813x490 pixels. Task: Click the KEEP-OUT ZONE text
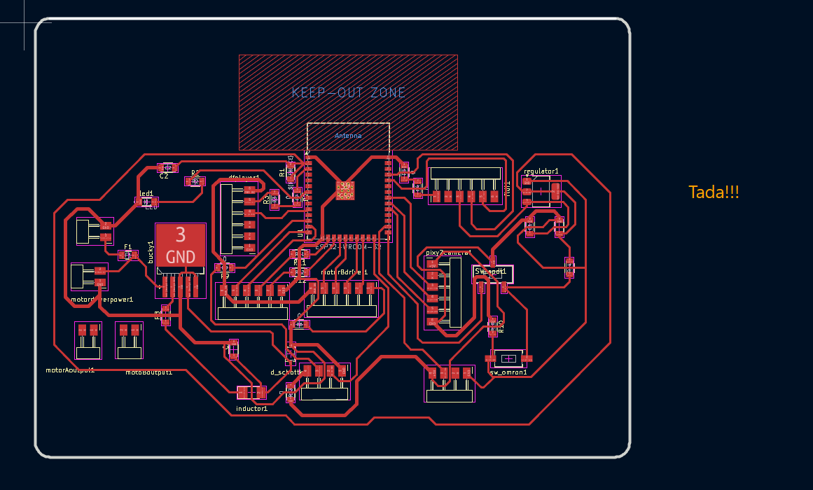pyautogui.click(x=349, y=92)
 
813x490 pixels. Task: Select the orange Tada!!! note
pyautogui.click(x=714, y=192)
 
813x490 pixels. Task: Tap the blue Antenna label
pyautogui.click(x=348, y=135)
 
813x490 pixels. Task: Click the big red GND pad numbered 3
pyautogui.click(x=181, y=244)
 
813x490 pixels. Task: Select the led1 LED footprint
pyautogui.click(x=147, y=202)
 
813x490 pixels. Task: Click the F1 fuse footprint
pyautogui.click(x=127, y=255)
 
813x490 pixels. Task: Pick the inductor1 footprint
pyautogui.click(x=251, y=394)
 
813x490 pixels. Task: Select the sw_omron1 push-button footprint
pyautogui.click(x=508, y=358)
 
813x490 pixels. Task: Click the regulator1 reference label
pyautogui.click(x=541, y=171)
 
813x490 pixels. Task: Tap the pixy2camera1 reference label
pyautogui.click(x=448, y=252)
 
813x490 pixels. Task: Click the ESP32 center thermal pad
pyautogui.click(x=345, y=190)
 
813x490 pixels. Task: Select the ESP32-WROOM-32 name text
pyautogui.click(x=349, y=246)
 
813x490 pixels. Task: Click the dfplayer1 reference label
pyautogui.click(x=244, y=177)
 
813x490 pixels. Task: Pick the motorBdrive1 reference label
pyautogui.click(x=344, y=272)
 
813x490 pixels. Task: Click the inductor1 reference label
pyautogui.click(x=251, y=409)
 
